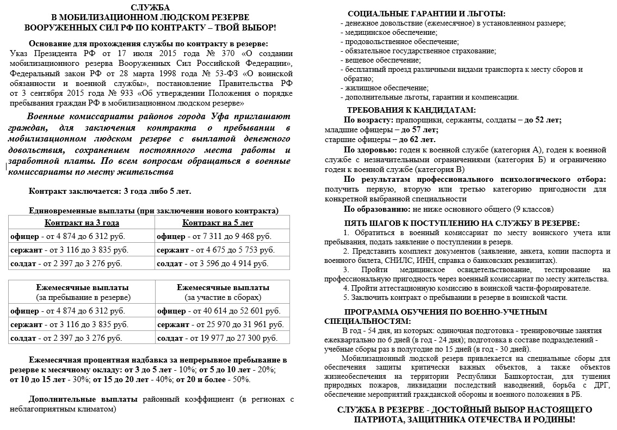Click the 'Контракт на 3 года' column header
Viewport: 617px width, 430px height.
point(82,223)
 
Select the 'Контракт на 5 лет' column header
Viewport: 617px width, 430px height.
point(218,223)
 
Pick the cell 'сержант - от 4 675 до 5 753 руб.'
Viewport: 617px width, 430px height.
point(214,250)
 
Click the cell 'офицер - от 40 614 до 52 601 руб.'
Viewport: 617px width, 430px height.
point(218,311)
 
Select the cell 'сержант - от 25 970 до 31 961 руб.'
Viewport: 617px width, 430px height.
point(220,324)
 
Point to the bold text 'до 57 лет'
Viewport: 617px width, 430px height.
point(419,130)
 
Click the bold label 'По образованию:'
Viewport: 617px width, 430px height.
point(377,209)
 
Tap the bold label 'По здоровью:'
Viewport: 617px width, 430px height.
point(370,149)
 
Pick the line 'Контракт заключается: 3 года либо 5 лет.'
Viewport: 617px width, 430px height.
point(110,192)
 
